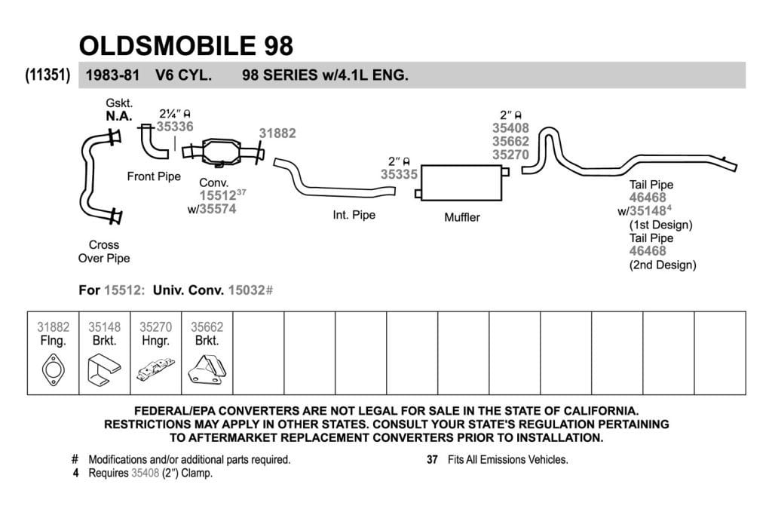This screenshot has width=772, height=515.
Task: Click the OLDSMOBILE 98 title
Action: [186, 46]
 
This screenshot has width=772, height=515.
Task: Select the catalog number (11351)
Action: [47, 75]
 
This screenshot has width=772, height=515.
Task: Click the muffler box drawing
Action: [461, 182]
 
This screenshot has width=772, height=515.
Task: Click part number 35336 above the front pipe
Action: [175, 127]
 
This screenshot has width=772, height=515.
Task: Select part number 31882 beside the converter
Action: [277, 133]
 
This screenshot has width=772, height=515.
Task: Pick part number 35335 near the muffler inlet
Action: [399, 174]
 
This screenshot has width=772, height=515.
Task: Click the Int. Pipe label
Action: [354, 215]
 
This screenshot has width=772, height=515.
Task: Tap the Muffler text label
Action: [462, 217]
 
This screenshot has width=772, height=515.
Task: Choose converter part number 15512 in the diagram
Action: [218, 195]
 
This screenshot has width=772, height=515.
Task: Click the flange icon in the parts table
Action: [54, 369]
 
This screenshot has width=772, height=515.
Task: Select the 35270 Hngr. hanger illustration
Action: [155, 369]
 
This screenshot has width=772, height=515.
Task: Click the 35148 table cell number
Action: [104, 327]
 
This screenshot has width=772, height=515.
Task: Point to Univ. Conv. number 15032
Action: [247, 290]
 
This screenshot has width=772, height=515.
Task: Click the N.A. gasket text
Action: [119, 116]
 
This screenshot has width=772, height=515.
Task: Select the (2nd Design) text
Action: [663, 265]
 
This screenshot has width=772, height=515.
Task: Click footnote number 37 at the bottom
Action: [432, 459]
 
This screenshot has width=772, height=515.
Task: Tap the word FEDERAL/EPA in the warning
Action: [175, 411]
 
